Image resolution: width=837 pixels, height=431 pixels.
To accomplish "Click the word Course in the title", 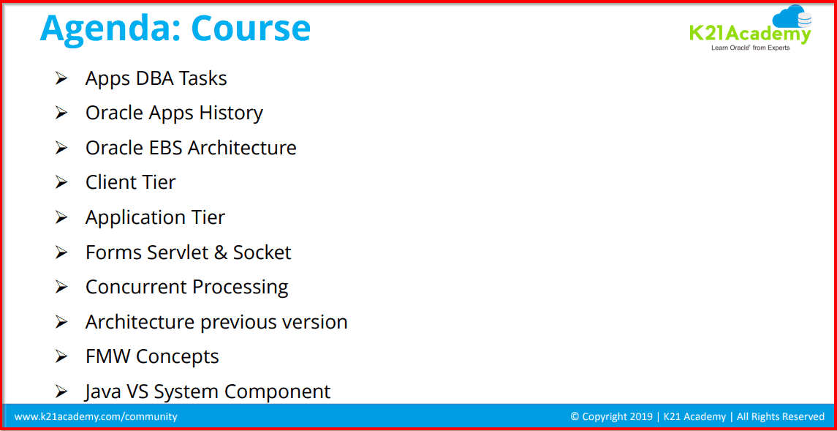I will tap(251, 28).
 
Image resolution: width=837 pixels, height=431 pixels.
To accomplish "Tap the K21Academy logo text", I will tap(749, 33).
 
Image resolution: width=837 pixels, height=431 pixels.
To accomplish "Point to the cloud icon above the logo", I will tap(791, 17).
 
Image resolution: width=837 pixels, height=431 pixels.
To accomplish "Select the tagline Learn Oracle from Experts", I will tap(750, 48).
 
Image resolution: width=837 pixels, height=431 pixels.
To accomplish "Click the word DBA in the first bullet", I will tap(156, 78).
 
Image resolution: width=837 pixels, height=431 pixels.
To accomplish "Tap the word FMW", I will tap(107, 356).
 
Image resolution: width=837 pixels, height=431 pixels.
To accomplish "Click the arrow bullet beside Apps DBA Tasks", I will tap(61, 78).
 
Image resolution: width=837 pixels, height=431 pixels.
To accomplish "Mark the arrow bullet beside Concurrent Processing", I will tap(61, 287).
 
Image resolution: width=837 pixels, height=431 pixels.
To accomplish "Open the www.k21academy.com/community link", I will tap(96, 416).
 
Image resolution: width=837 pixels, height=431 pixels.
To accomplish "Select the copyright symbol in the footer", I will tap(575, 416).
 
